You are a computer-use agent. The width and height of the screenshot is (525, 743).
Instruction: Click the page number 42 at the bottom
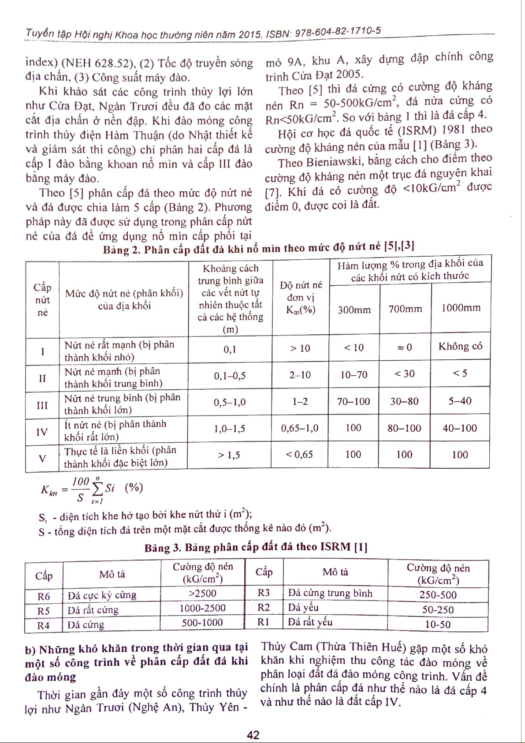coord(253,735)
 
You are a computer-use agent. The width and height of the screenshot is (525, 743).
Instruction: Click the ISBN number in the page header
coord(338,32)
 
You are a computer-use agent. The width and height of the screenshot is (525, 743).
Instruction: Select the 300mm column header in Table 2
coord(354,310)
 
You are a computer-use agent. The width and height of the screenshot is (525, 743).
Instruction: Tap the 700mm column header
coord(405,309)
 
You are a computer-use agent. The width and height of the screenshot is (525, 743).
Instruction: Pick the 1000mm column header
coord(461,308)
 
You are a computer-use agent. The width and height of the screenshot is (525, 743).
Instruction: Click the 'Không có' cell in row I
coord(460,346)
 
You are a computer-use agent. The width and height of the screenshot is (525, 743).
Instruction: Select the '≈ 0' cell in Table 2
coord(405,347)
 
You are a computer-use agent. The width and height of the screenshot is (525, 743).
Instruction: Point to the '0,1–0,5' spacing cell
coord(230,376)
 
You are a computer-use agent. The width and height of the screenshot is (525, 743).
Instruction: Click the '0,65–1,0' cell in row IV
coord(300,428)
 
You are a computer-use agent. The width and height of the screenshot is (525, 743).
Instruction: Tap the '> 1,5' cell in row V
coord(229,455)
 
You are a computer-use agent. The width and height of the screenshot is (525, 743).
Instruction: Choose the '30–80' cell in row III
coord(404,401)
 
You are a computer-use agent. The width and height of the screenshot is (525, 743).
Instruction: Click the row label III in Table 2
coord(42,405)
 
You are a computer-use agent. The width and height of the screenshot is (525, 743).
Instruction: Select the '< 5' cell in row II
coord(460,373)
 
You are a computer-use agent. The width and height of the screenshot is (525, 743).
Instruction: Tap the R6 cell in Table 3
coord(44,597)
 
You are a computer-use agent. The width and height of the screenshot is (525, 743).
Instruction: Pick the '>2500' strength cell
coord(202,594)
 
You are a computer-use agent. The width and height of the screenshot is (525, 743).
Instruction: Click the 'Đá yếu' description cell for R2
coord(303,608)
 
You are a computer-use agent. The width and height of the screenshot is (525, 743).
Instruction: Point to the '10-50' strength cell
coord(437,624)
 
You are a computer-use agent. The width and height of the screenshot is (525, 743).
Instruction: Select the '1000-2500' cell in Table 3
coord(202,608)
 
